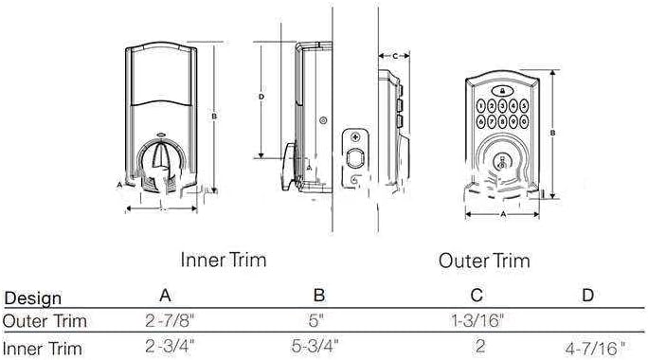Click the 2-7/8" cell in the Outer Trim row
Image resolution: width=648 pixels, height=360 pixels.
pos(170,321)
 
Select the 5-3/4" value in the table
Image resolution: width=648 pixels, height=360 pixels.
pos(315,347)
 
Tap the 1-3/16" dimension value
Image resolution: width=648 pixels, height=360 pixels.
pos(477,320)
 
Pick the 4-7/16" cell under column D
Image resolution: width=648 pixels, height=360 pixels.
pos(596,349)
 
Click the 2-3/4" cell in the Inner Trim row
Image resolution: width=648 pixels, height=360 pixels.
pos(170,346)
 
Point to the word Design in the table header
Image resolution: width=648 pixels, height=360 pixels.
pos(32,298)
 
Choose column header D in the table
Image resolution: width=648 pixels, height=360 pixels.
pos(587,296)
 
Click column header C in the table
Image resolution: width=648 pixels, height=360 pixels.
pos(477,296)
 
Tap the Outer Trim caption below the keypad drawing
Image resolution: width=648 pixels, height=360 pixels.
pos(484,261)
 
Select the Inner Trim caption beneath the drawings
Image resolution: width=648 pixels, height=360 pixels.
pos(224,260)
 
